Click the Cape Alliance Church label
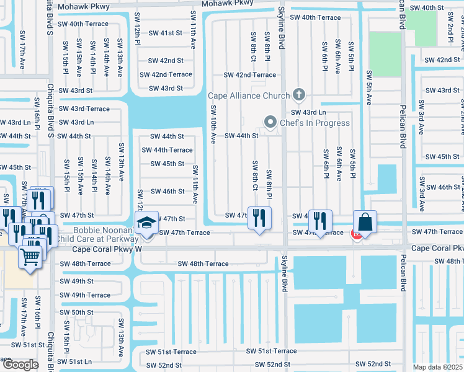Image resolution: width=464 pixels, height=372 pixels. (x=248, y=95)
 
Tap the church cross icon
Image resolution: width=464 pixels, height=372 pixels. (x=299, y=95)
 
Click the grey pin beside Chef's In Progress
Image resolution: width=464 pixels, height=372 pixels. (x=270, y=122)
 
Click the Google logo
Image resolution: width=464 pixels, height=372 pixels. (x=20, y=364)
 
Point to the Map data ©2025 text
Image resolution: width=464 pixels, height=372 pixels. (x=437, y=367)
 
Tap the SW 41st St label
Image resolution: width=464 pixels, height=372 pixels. (x=165, y=32)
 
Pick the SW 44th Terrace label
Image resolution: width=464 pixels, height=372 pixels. (x=167, y=150)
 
